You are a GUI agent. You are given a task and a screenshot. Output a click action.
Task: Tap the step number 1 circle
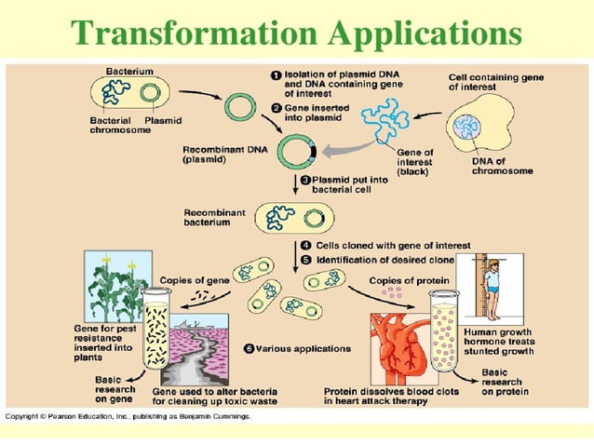pyautogui.click(x=277, y=74)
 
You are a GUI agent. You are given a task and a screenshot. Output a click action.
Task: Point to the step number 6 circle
pyautogui.click(x=249, y=348)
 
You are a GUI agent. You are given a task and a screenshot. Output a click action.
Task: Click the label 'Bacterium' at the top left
pyautogui.click(x=129, y=72)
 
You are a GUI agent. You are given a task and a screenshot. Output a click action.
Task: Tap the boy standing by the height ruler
pyautogui.click(x=491, y=288)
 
